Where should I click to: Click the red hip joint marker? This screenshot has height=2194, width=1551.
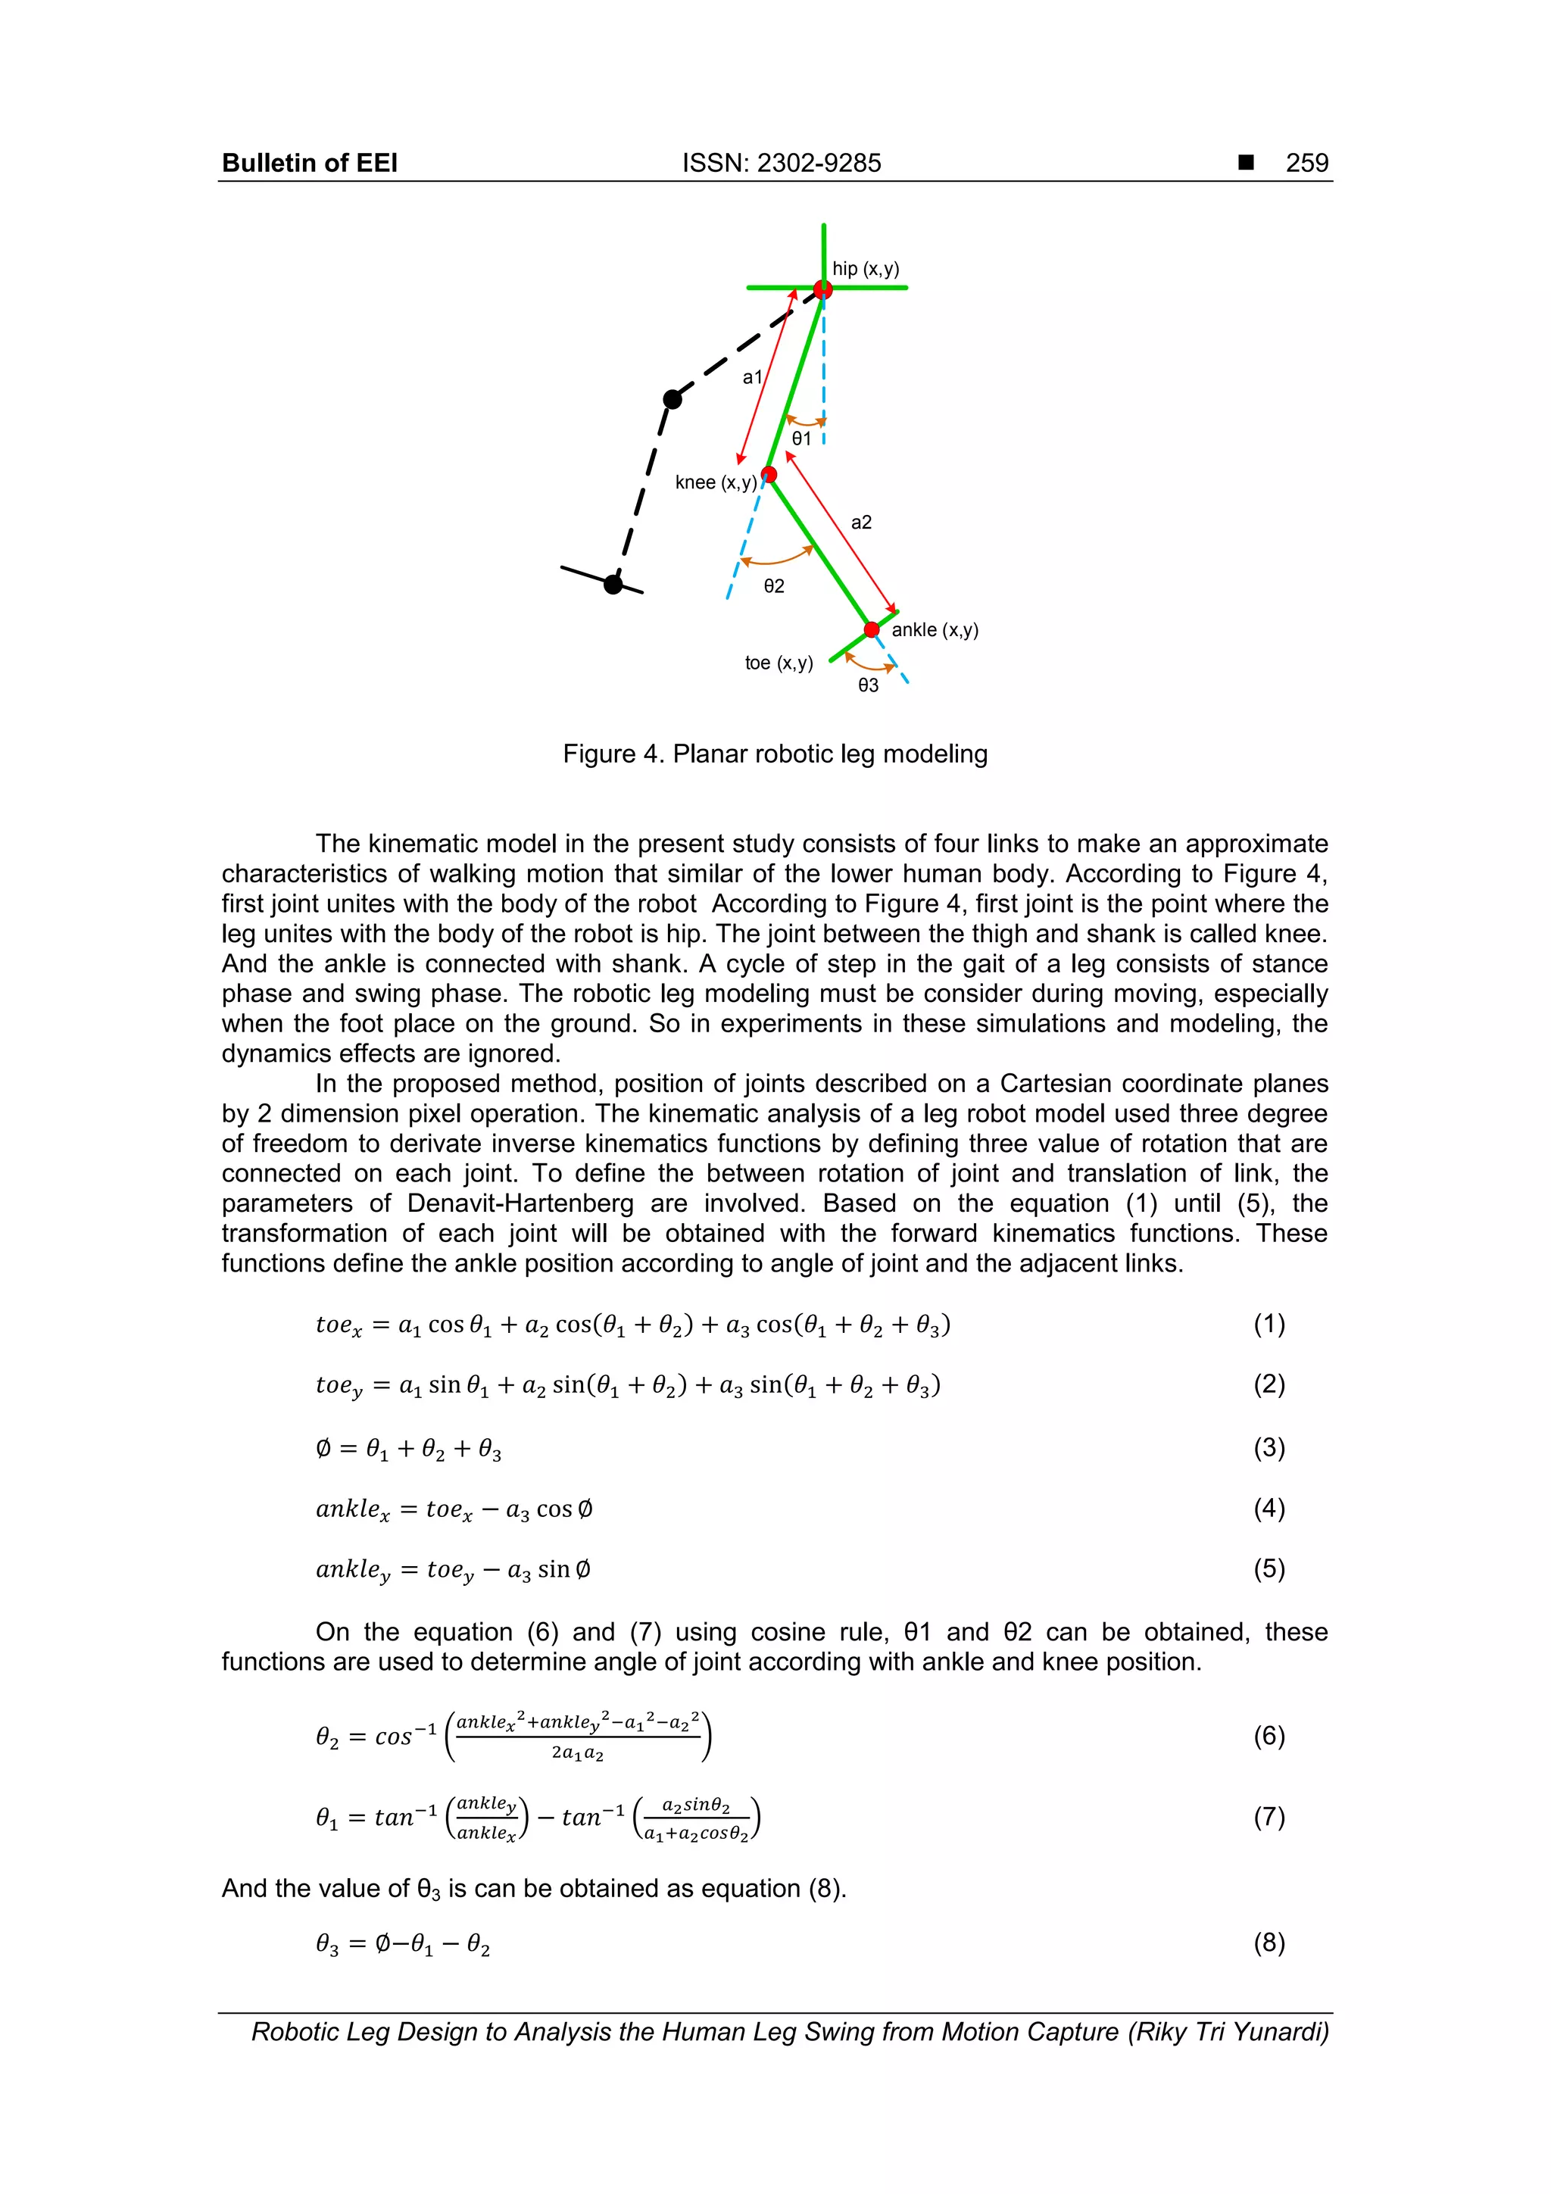tap(822, 289)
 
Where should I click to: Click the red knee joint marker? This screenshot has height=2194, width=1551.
tap(769, 475)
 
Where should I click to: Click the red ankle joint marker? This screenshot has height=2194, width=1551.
tap(872, 629)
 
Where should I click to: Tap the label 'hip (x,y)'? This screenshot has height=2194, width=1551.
tap(866, 269)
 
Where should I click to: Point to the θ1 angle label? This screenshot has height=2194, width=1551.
tap(800, 438)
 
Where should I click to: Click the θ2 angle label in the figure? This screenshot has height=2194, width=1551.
tap(774, 585)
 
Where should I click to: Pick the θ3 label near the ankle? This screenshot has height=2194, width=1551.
tap(868, 685)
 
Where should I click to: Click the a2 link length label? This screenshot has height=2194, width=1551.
tap(861, 523)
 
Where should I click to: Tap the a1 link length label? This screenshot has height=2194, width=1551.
tap(753, 377)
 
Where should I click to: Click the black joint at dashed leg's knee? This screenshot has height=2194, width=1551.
tap(673, 399)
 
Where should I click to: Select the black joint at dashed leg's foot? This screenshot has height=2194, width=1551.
tap(613, 584)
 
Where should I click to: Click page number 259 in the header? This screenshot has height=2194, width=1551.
tap(1306, 164)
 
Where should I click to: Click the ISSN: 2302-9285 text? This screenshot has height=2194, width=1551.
tap(781, 164)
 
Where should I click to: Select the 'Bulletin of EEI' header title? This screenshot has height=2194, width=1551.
tap(310, 164)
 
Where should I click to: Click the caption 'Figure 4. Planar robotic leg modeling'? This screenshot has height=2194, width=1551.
tap(775, 754)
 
